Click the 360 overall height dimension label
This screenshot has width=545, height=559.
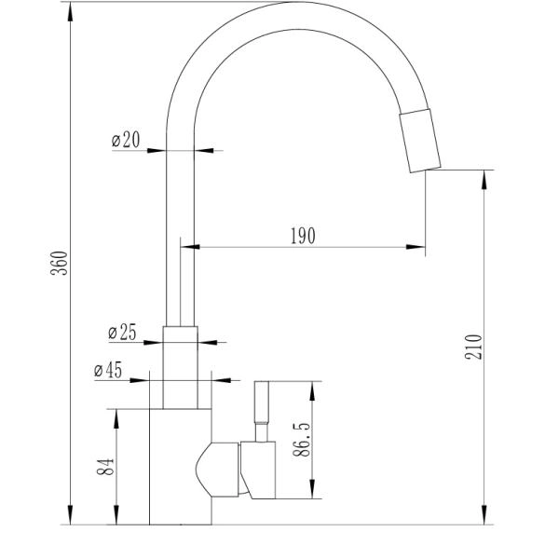coord(60,263)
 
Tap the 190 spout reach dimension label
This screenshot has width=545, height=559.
coord(303,236)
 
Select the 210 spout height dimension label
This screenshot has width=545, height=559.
coord(473,347)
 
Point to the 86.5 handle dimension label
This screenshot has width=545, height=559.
coord(301,440)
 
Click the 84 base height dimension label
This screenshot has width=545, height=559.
coord(105,467)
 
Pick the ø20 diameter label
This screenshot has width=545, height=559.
coord(126,140)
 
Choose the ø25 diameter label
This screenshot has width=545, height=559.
coord(122,333)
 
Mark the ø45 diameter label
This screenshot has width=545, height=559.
coord(108,370)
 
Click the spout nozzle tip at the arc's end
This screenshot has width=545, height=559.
coord(420,141)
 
